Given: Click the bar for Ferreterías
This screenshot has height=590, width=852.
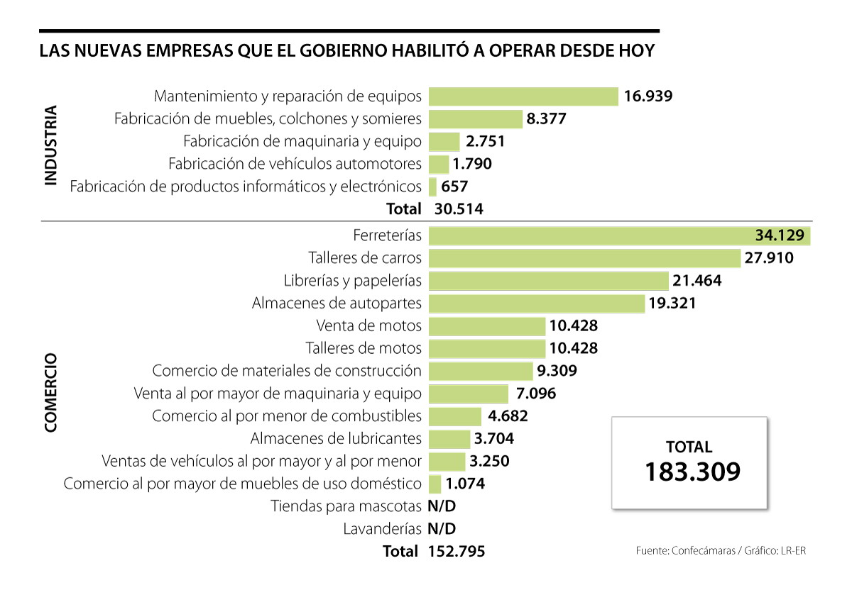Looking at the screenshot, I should [589, 235].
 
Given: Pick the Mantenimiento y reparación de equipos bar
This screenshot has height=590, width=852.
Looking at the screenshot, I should [523, 96].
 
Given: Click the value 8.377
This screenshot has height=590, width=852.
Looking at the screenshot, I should [546, 118].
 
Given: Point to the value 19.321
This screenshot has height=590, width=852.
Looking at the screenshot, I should [672, 303].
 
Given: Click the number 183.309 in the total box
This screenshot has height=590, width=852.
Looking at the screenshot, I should [692, 472].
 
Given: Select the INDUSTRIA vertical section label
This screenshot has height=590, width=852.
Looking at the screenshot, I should [50, 146].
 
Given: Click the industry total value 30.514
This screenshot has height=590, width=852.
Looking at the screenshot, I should [458, 208].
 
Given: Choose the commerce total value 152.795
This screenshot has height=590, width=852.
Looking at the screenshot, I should [457, 551].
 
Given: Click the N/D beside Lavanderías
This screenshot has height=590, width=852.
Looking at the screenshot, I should [442, 528].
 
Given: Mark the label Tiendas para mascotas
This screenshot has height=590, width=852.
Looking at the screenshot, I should [346, 506].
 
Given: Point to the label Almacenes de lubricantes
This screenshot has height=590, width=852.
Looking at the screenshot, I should [336, 438].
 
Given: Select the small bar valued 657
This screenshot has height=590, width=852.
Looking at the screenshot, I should [432, 187].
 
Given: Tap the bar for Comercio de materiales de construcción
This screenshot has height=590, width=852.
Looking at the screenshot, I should [481, 371].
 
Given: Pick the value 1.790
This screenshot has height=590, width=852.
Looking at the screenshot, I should [473, 164].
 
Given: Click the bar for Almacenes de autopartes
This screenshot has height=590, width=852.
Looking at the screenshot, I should [536, 303].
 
